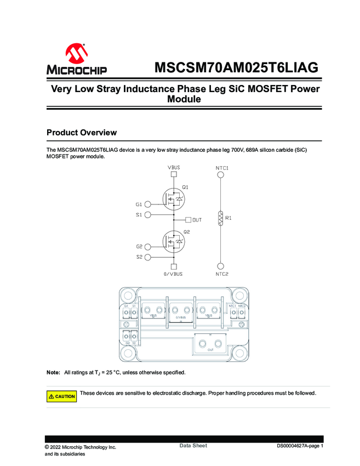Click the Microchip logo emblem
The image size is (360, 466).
pos(77,54)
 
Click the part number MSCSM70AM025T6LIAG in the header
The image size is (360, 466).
pos(236,69)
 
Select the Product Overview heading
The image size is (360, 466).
pos(82,133)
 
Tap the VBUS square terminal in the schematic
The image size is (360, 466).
pos(174,175)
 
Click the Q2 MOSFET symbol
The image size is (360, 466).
pos(174,241)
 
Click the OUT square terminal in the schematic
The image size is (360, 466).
pos(188,220)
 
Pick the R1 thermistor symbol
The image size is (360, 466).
pos(220,218)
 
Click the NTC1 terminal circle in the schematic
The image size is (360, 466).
pos(220,175)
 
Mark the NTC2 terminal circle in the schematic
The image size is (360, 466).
pos(220,266)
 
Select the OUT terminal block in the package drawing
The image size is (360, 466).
pos(210,345)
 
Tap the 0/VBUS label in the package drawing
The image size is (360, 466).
pos(181,317)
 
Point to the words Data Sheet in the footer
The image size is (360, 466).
pos(193,446)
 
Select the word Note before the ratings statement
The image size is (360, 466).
pos(53,373)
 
